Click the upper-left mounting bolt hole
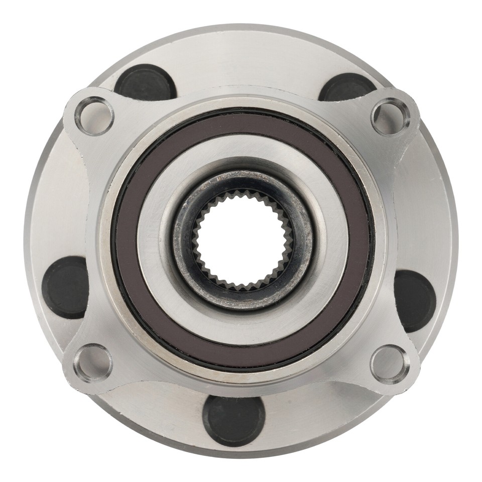click(x=94, y=116)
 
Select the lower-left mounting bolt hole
click(x=93, y=363)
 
